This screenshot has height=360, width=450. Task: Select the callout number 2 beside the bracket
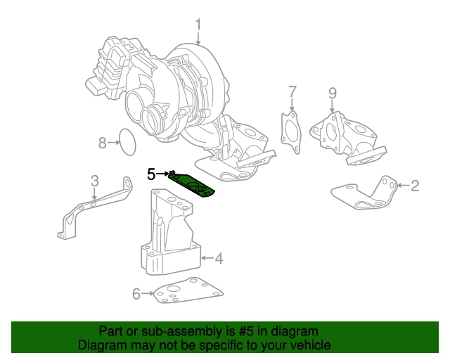click(x=415, y=186)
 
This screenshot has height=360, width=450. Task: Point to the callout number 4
click(x=219, y=259)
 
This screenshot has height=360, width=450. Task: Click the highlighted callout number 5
click(x=151, y=173)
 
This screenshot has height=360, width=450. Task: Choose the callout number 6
click(x=136, y=294)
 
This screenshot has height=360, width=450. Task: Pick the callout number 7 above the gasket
click(x=292, y=91)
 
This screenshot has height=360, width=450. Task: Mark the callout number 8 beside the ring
click(x=102, y=143)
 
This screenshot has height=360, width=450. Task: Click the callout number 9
click(x=333, y=93)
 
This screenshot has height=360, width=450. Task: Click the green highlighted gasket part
click(x=193, y=185)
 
